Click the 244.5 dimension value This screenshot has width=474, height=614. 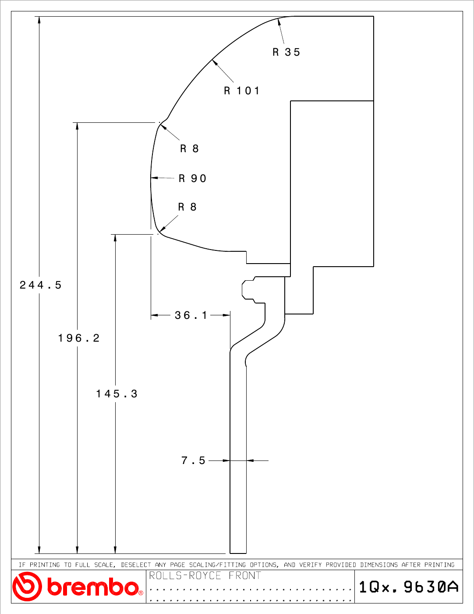click(x=40, y=285)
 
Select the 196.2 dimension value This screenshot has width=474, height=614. click(x=79, y=338)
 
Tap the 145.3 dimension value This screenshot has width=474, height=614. click(x=117, y=393)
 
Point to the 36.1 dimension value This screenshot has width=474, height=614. click(x=191, y=315)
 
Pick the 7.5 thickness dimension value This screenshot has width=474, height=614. click(x=193, y=460)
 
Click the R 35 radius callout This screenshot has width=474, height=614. click(x=286, y=52)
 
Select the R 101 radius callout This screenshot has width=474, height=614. click(x=242, y=91)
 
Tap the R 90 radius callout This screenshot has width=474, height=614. click(x=193, y=178)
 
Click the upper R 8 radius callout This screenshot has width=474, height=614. click(x=189, y=148)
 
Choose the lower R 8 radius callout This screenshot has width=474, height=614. click(x=187, y=207)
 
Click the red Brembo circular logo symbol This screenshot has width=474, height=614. click(x=27, y=587)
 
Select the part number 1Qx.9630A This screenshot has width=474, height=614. click(x=409, y=587)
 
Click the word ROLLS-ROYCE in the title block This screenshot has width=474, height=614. click(x=185, y=575)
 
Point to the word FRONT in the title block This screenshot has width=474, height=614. click(x=245, y=575)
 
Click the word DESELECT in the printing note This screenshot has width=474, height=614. click(x=136, y=565)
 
